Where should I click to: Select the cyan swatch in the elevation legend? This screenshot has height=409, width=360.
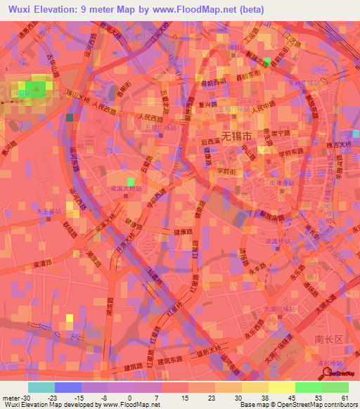coord(41,387)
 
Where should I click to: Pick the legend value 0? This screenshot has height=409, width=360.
coord(130,397)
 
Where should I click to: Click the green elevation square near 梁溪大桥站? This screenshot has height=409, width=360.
coord(131,183)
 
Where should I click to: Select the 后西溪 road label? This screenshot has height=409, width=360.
coord(212,143)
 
